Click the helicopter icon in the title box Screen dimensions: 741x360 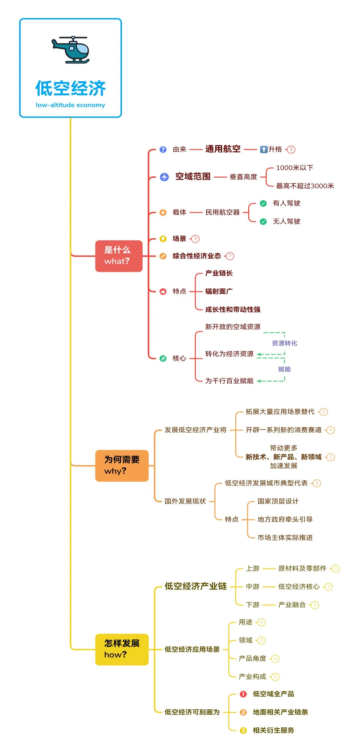pos(71,50)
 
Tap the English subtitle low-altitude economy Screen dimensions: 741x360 pos(70,105)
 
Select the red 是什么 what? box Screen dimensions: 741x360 pos(119,256)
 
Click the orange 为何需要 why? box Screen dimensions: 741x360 pos(122,465)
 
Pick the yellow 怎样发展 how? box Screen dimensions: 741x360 pos(122,649)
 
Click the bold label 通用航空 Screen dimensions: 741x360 pos(223,149)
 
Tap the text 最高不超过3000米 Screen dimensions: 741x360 pos(305,186)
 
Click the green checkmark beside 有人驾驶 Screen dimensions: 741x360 pos(263,203)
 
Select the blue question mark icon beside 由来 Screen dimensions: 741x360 pos(163,149)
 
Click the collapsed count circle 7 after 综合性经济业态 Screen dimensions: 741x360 pos(230,256)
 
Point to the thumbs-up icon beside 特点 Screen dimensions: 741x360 pos(163,292)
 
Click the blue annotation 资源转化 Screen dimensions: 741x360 pos(284,343)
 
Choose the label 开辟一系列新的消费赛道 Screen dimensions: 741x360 pos(283,430)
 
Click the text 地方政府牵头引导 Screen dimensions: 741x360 pos(285,519)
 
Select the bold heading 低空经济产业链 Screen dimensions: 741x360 pos(195,586)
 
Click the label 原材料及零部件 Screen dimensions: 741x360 pos(302,568)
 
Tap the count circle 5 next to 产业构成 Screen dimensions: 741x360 pos(275,677)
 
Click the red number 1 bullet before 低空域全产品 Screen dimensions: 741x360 pos(243,694)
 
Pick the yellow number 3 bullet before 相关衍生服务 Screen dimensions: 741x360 pos(243,730)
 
